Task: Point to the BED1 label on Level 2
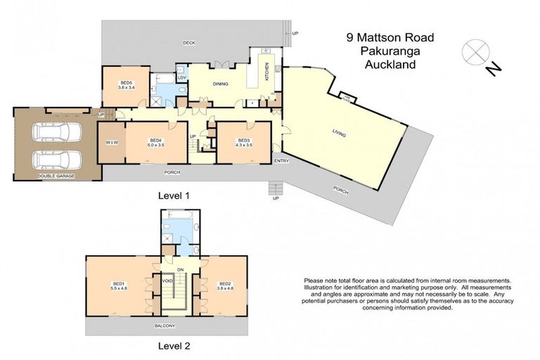(117, 283)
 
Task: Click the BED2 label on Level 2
(224, 283)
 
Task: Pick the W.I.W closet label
(110, 143)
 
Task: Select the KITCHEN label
(267, 70)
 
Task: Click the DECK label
(188, 43)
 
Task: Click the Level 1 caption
(174, 195)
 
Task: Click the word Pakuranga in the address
(380, 51)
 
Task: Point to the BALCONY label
(167, 326)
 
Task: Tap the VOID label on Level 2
(167, 281)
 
